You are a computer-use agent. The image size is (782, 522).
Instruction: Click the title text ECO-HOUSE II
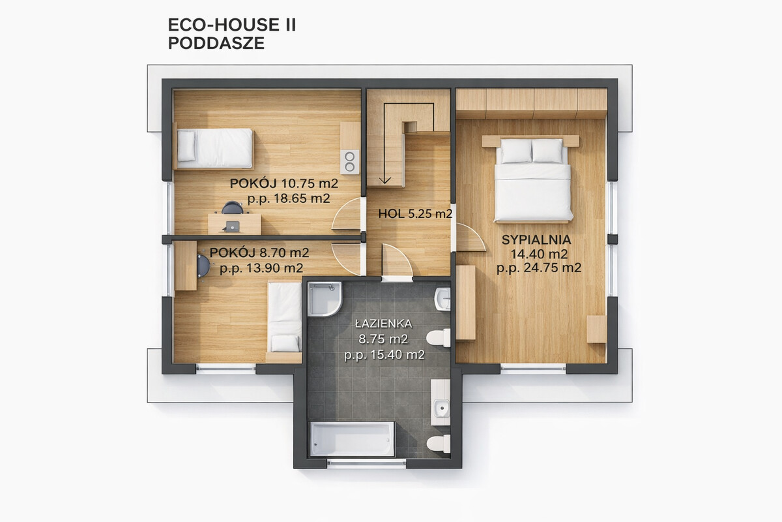tap(232, 25)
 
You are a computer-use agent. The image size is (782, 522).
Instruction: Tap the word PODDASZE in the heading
tap(216, 43)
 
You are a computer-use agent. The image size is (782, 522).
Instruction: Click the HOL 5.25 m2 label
tap(415, 213)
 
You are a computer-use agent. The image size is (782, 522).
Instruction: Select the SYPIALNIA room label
tap(536, 240)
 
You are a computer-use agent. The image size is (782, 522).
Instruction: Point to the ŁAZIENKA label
tap(383, 324)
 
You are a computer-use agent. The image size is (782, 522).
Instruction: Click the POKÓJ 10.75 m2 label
tap(284, 183)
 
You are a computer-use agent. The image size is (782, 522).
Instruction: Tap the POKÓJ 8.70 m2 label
tap(259, 253)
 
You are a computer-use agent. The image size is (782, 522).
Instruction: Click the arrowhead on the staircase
tap(384, 180)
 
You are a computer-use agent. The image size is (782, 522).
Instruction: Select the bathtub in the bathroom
tap(353, 439)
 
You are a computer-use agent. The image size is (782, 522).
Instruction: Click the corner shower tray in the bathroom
tap(324, 299)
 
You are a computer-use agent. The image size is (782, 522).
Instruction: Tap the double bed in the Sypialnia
tap(533, 179)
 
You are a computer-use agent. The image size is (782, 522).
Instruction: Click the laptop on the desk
tap(232, 226)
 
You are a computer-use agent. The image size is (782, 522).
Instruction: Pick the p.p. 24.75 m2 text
tap(539, 268)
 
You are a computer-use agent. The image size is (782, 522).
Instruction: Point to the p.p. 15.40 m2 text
tap(384, 355)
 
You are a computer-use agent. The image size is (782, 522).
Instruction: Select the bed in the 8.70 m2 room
tap(285, 318)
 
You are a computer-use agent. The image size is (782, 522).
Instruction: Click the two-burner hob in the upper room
tap(349, 162)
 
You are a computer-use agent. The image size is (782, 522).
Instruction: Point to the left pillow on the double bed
tap(516, 151)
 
